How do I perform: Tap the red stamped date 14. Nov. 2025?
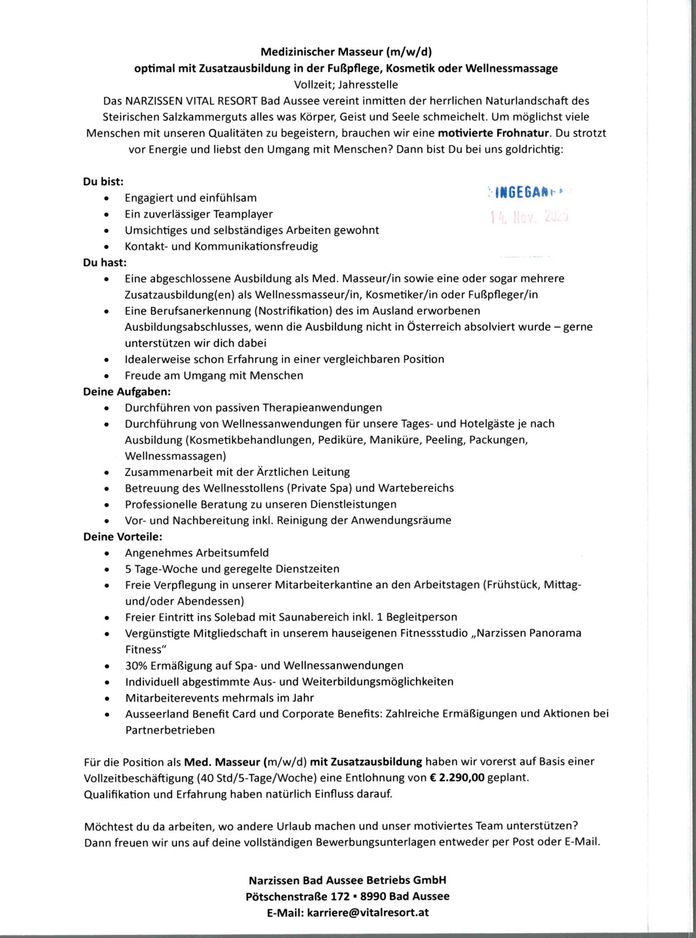pos(529,216)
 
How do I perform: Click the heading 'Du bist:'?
pos(103,182)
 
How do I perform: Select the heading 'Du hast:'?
pos(105,263)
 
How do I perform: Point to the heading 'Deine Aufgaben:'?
pos(127,392)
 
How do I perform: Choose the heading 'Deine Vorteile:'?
pos(122,537)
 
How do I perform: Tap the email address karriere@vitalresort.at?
pos(368,912)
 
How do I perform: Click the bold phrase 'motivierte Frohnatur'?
pos(494,133)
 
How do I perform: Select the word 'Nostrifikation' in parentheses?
pos(293,311)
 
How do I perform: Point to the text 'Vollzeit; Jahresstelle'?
pos(346,85)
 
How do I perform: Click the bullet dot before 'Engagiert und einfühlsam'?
pos(107,198)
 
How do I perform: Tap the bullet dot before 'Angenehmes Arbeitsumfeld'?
pos(107,553)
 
